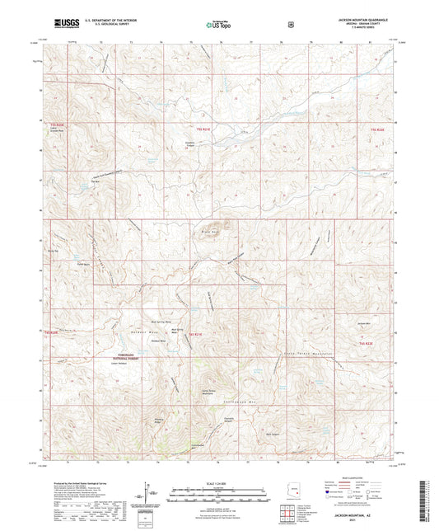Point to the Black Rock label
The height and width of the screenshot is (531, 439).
click(x=208, y=233)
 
